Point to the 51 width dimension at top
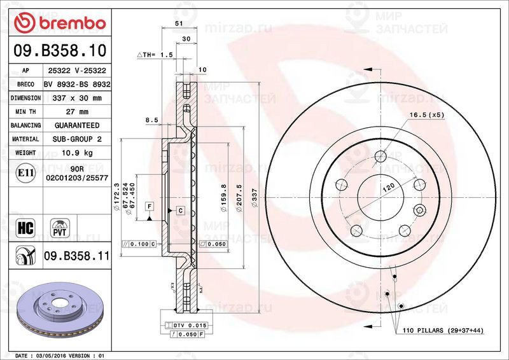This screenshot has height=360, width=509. [x=179, y=23]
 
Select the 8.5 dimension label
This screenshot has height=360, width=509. [x=151, y=119]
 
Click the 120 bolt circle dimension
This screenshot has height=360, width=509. [x=388, y=188]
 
